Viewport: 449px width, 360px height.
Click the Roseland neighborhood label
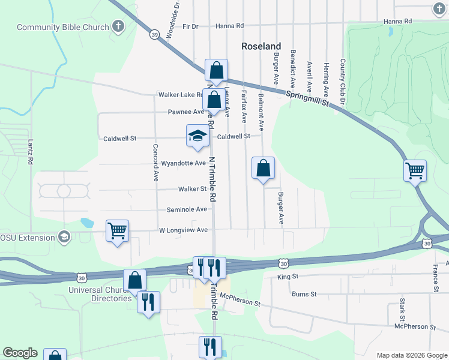click(261, 46)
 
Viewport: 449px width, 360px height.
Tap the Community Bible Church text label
click(62, 27)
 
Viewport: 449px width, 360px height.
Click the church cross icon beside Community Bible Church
click(118, 26)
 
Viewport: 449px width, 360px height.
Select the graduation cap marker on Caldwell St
click(197, 136)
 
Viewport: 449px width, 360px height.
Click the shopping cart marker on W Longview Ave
click(117, 230)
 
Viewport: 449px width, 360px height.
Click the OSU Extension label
click(28, 237)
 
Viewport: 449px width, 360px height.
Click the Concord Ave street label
click(155, 163)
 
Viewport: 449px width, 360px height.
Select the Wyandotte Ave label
click(184, 163)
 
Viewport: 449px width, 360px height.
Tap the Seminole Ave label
click(187, 209)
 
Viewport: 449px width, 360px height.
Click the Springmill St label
click(308, 99)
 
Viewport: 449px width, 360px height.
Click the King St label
click(288, 277)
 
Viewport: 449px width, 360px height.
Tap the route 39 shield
click(154, 35)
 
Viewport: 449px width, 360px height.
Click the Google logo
click(20, 353)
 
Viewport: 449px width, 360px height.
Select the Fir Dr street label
click(190, 26)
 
